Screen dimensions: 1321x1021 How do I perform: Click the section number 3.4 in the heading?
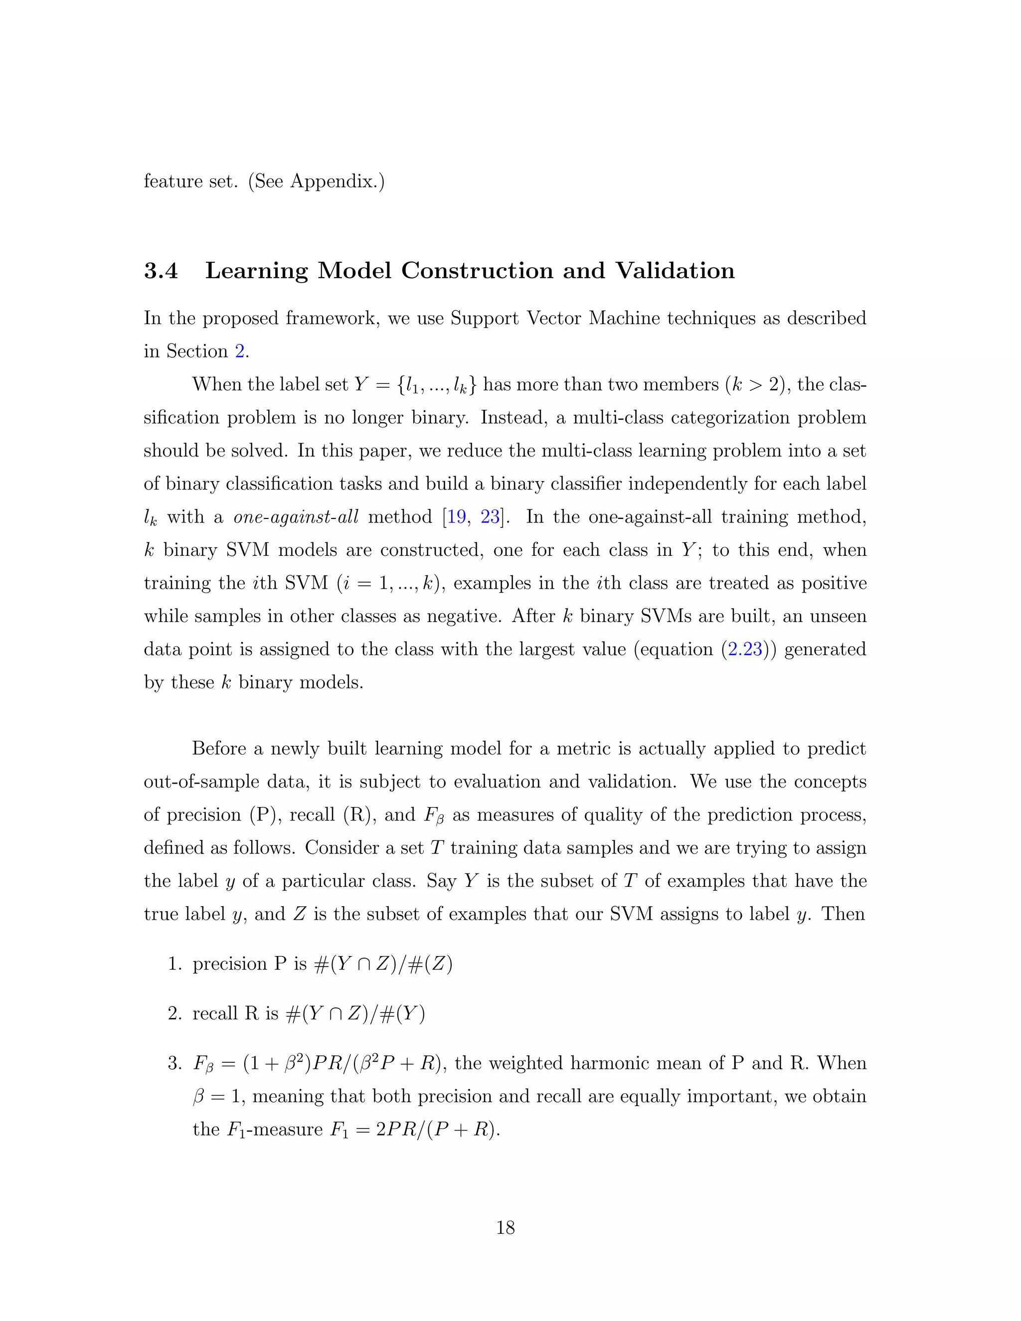click(161, 270)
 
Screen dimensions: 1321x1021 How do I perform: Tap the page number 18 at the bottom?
click(505, 1227)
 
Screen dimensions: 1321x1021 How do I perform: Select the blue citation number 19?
click(457, 516)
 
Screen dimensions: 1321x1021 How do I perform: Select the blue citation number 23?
click(490, 516)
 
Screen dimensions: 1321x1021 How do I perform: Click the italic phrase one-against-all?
click(296, 516)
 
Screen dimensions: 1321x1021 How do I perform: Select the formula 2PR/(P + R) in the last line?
click(437, 1129)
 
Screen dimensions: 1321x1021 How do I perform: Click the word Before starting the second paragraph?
click(219, 748)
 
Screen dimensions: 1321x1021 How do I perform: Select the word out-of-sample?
click(202, 782)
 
